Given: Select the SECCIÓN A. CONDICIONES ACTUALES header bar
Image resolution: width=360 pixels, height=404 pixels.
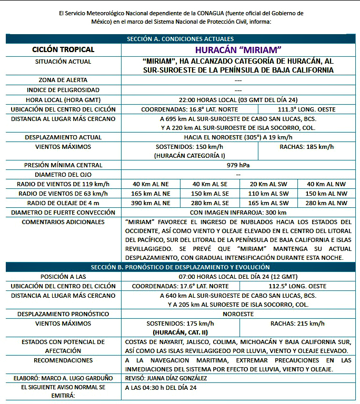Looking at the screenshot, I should pos(180,39).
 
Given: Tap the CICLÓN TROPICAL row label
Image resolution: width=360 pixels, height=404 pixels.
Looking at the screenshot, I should pos(63,50).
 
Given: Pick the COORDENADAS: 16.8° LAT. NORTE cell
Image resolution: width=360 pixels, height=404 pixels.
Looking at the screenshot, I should pos(189,109).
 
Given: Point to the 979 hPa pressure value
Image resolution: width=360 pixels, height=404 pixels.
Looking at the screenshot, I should pos(238,165).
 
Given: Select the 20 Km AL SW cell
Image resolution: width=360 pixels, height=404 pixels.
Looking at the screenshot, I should pos(268,184).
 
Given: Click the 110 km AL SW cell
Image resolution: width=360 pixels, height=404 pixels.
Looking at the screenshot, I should pos(268,194).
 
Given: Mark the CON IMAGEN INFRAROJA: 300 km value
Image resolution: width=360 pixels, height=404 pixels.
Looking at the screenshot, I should pos(238,213).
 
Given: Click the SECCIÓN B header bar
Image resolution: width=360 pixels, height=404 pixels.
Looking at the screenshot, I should pos(180,267).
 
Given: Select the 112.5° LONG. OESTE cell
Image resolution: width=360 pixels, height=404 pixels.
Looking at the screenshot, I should pos(298,286).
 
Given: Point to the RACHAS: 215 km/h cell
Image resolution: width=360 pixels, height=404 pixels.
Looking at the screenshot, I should pos(297,324).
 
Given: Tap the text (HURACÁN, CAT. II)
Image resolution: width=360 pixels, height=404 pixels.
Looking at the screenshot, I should pos(180,333).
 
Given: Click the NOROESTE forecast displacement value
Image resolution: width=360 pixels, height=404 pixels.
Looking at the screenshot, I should pos(238,314).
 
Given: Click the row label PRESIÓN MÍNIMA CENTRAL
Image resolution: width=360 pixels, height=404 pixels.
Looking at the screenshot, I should pos(63,165).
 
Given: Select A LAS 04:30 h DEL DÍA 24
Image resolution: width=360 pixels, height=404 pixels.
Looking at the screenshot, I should pos(161,388).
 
